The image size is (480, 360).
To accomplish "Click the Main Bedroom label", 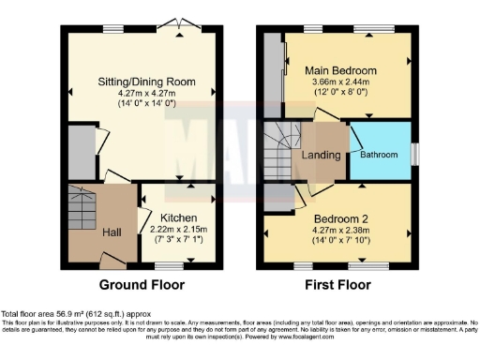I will pos(340,70).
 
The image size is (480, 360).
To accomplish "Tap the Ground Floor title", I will pos(142,284).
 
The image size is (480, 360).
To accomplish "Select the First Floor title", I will pos(336,284).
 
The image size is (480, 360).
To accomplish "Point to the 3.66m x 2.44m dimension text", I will pos(340,82).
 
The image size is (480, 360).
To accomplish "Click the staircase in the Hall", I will pos(82,202).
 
